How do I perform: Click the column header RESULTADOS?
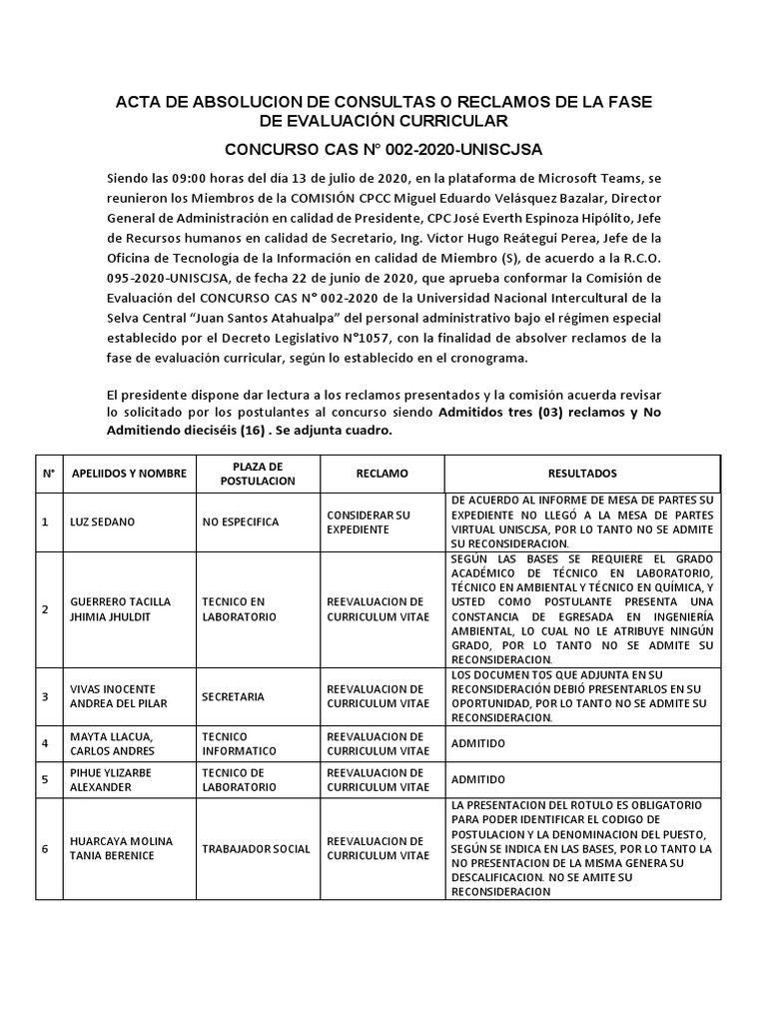[x=582, y=473]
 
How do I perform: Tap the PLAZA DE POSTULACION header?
[x=257, y=473]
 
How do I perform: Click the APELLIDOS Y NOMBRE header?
[x=129, y=473]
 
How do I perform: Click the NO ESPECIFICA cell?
[x=240, y=521]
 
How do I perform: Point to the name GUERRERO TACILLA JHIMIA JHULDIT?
[x=120, y=609]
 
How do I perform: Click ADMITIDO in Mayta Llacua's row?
[x=478, y=743]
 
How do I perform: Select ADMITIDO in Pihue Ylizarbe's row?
[x=478, y=779]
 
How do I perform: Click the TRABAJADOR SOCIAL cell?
[x=256, y=849]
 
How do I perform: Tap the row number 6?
[x=45, y=849]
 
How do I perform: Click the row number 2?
[x=45, y=609]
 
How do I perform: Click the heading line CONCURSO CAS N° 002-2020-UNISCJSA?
[x=383, y=150]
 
